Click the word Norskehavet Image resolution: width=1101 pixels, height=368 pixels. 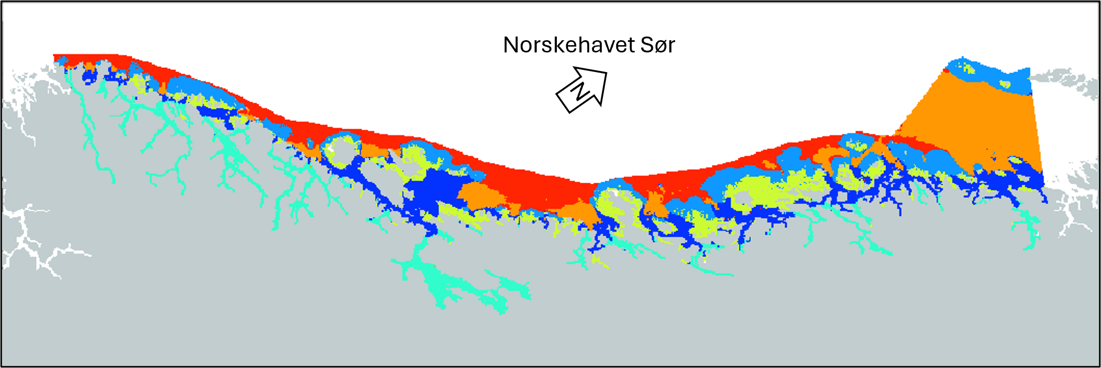(x=569, y=45)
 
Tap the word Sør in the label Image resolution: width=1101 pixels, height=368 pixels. (x=658, y=45)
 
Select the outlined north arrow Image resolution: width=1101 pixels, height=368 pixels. (x=582, y=88)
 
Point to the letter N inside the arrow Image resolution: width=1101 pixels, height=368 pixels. (x=580, y=92)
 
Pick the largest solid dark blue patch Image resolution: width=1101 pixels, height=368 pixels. (x=432, y=191)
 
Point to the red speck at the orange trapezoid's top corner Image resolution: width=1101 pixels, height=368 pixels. (x=946, y=69)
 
